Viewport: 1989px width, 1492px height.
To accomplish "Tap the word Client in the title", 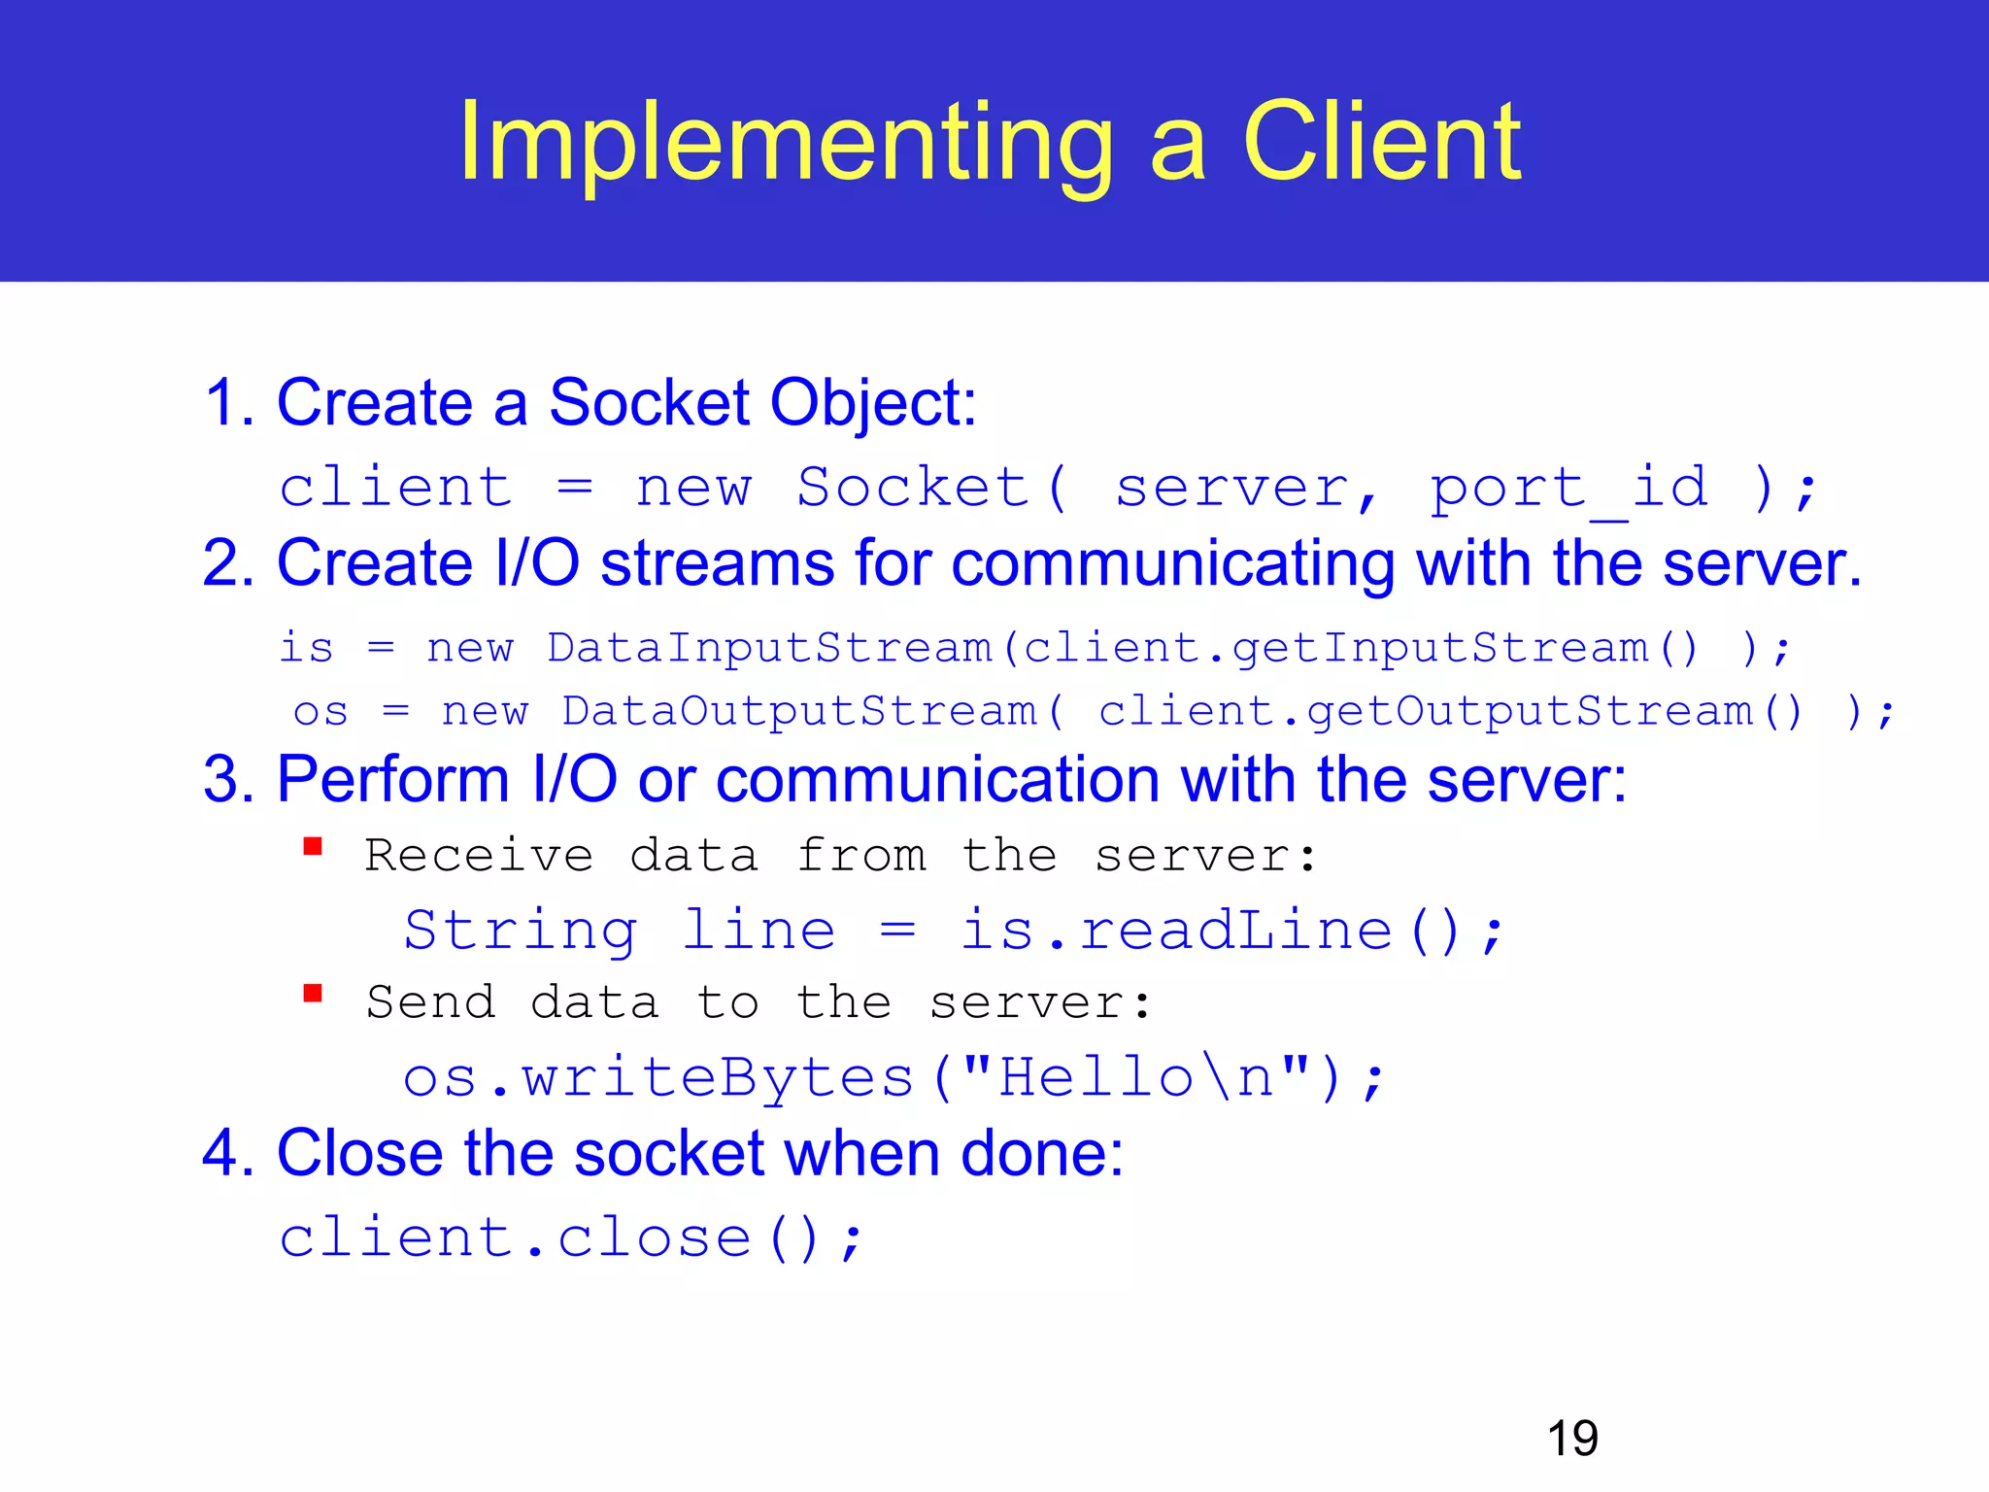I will click(x=1381, y=144).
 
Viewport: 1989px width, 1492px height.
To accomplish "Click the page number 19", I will click(x=1572, y=1439).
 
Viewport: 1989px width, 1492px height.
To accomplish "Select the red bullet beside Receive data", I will click(x=313, y=847).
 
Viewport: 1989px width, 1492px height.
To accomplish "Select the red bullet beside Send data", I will click(x=313, y=994).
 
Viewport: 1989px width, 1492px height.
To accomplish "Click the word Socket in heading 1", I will click(x=649, y=403).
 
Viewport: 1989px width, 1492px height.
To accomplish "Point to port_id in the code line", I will click(x=1568, y=488).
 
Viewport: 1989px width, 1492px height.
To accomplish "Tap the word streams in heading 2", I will click(x=717, y=563).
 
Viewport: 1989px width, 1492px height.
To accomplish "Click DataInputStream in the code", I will click(x=769, y=648).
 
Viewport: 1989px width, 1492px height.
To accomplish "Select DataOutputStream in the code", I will click(x=799, y=712).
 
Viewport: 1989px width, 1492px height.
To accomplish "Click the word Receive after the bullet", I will click(x=479, y=857).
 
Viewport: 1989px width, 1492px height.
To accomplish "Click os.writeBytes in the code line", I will click(x=658, y=1078).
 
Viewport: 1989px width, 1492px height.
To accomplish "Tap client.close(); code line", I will click(x=570, y=1238).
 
